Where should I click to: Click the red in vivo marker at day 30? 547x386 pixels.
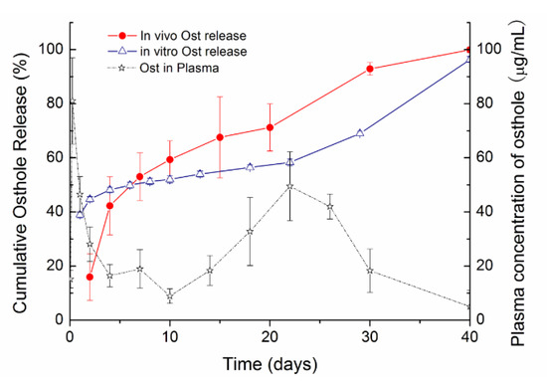coord(370,69)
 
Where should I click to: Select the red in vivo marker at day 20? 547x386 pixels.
coord(270,127)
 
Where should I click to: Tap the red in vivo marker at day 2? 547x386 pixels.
coord(90,278)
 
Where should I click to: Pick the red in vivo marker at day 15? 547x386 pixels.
coord(220,137)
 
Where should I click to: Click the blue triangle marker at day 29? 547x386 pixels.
coord(360,132)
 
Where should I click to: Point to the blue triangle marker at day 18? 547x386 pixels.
coord(250,167)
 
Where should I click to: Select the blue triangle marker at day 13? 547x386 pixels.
coord(200,173)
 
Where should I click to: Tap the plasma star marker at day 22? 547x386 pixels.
coord(289,186)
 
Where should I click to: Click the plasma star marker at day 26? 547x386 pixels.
coord(329,207)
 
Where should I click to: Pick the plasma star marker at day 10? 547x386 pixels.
coord(170,296)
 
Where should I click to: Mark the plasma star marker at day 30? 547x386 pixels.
coord(370,271)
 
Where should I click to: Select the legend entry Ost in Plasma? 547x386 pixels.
coord(163,68)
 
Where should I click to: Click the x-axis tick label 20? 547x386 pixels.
coord(270,337)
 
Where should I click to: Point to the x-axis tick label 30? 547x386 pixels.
coord(370,337)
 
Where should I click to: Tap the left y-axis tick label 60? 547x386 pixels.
coord(55,157)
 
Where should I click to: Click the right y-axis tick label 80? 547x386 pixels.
coord(485,103)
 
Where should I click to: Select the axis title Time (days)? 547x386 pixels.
coord(270,364)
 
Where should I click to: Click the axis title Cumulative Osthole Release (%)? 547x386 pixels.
coord(20,182)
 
